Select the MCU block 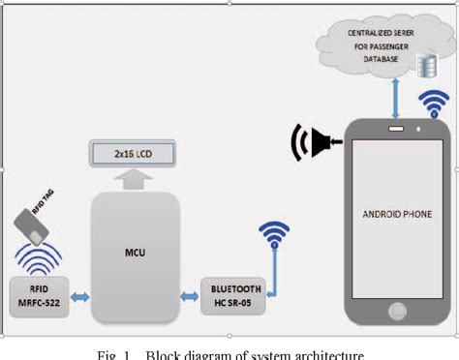(x=135, y=253)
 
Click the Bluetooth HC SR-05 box (x=230, y=293)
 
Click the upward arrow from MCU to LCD (x=135, y=177)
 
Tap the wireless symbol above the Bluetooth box (x=273, y=235)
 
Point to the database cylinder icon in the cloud (x=424, y=64)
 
